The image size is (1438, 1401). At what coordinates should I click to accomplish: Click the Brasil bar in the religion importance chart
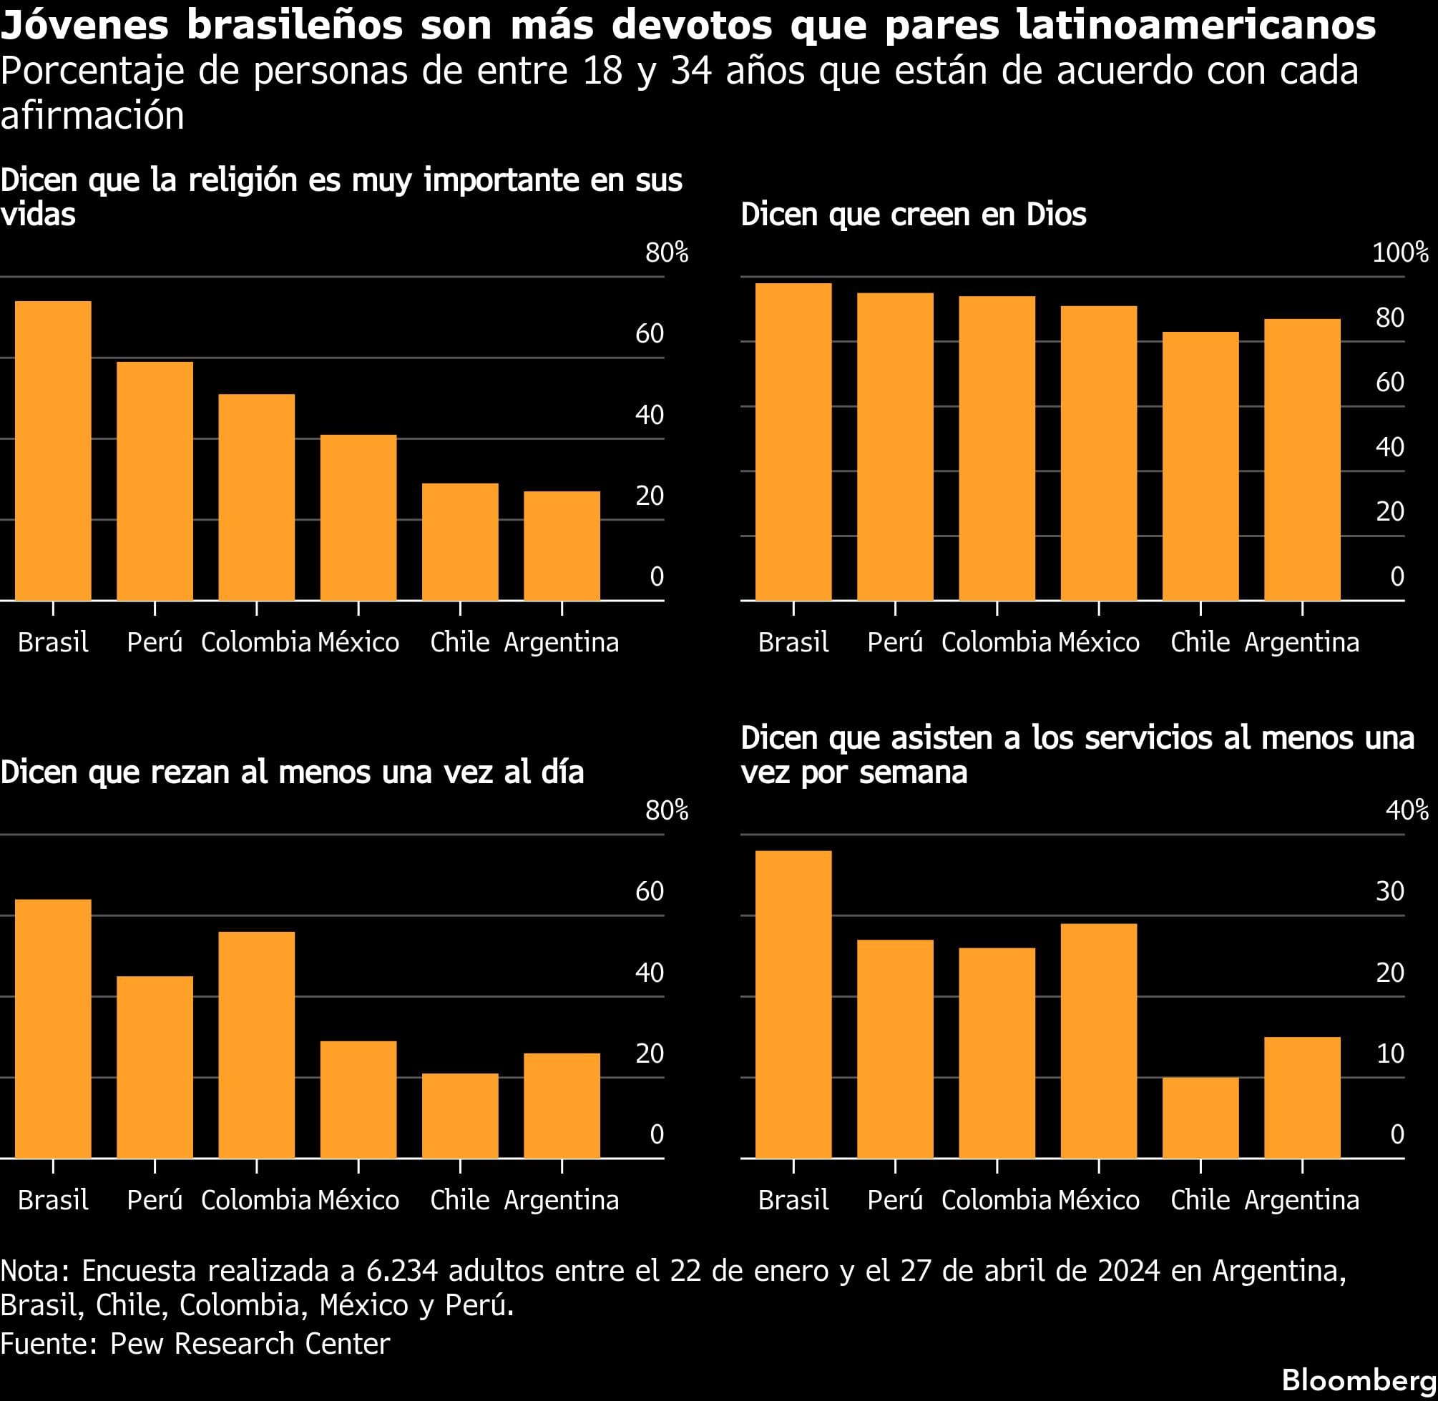(x=53, y=451)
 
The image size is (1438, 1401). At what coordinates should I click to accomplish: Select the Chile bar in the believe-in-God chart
(x=1200, y=466)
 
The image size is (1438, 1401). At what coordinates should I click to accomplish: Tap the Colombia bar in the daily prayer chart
(x=256, y=1045)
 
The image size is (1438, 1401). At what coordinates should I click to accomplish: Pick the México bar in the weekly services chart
(x=1099, y=1041)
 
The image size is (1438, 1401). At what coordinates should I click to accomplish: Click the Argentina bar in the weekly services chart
(x=1302, y=1097)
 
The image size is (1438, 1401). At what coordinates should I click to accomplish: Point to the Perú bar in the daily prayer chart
(x=155, y=1067)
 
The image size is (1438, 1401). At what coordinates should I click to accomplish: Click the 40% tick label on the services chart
(x=1407, y=811)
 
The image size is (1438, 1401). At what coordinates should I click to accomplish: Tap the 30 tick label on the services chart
(x=1390, y=892)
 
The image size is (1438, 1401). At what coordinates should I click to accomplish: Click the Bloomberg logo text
(x=1359, y=1380)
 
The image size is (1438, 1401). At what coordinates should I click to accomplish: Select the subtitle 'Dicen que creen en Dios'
(x=913, y=215)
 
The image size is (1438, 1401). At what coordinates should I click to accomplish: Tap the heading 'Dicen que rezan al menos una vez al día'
(x=291, y=772)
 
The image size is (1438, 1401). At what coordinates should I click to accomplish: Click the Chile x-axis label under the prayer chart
(x=459, y=1200)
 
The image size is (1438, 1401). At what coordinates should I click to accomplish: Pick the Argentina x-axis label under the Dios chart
(x=1301, y=642)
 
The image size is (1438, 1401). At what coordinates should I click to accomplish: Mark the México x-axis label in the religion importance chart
(x=358, y=642)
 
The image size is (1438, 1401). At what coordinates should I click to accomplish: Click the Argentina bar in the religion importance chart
(x=562, y=545)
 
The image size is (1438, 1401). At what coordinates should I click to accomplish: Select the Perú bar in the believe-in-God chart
(x=895, y=447)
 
